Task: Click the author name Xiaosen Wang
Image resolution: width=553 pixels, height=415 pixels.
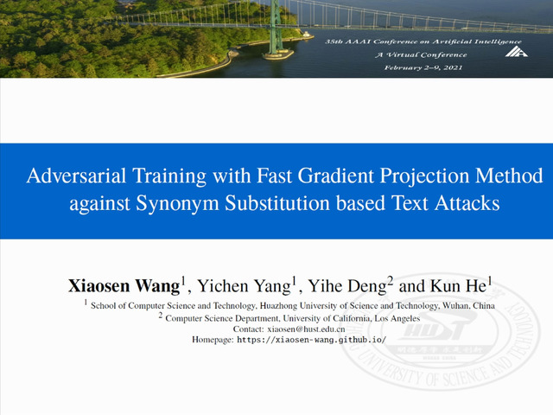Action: (x=124, y=286)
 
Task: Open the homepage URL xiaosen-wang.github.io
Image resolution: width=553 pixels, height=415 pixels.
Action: (x=312, y=340)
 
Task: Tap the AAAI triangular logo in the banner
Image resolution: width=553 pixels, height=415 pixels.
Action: (x=516, y=51)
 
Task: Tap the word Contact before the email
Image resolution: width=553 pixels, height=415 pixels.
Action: (x=248, y=329)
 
